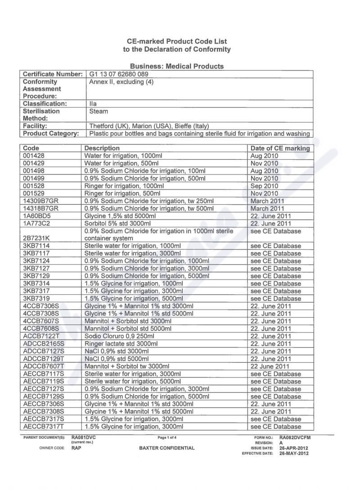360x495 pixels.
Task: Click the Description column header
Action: [102, 148]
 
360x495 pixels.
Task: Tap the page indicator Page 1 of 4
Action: [166, 436]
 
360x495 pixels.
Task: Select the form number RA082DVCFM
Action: [295, 436]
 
